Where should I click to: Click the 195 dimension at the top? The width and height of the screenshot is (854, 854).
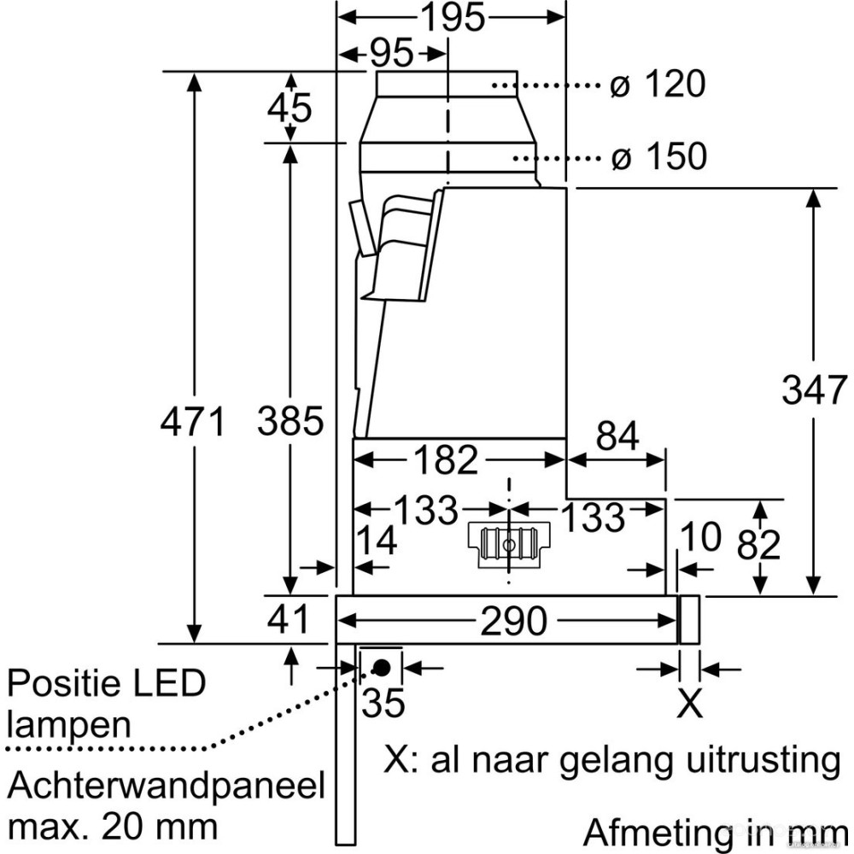(x=452, y=16)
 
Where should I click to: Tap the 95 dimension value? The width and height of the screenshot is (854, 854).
(x=391, y=55)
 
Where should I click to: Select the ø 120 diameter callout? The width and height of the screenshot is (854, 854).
(x=658, y=85)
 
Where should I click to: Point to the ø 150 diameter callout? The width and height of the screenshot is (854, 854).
(x=658, y=156)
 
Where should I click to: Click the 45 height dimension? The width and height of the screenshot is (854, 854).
(x=289, y=108)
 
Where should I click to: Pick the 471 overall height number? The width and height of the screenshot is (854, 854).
(x=195, y=422)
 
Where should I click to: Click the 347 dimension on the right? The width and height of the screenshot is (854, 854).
(x=815, y=390)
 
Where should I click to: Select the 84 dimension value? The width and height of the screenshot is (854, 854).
(x=617, y=437)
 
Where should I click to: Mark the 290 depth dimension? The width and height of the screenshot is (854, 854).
(x=512, y=622)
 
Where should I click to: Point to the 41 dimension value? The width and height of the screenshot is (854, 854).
(x=289, y=620)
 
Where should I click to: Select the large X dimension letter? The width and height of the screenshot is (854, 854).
(x=689, y=704)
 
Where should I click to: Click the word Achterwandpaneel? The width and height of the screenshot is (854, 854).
(x=167, y=786)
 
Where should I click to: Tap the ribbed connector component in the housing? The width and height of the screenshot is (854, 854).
(x=509, y=544)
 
